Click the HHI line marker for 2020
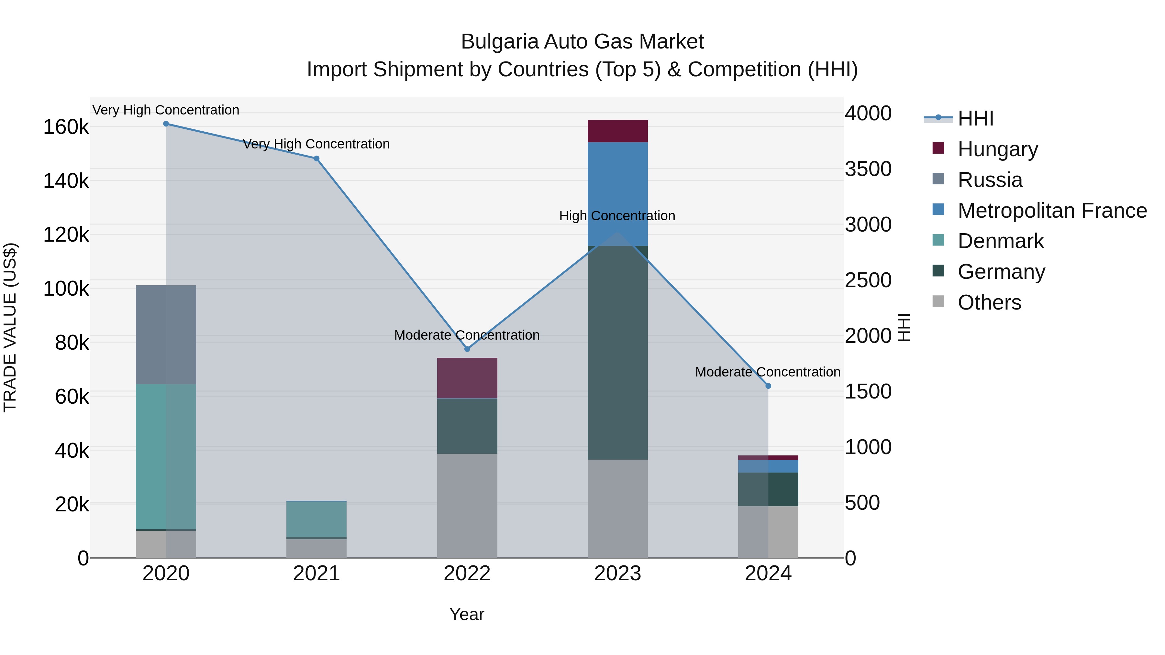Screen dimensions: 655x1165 click(x=166, y=124)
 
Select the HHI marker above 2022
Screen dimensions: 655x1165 click(x=467, y=349)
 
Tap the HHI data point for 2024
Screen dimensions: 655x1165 click(x=768, y=386)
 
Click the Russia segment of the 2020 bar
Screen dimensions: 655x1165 click(x=166, y=334)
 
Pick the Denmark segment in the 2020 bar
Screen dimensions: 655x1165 click(x=166, y=456)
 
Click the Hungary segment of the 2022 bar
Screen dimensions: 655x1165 click(x=467, y=378)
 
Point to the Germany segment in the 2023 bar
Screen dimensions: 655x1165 click(x=617, y=353)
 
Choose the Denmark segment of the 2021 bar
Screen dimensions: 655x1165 click(x=316, y=519)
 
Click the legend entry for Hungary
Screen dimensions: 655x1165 click(x=997, y=149)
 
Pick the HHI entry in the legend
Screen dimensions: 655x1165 click(x=975, y=118)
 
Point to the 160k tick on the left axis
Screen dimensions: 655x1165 click(x=66, y=127)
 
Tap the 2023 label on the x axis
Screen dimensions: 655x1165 click(x=617, y=573)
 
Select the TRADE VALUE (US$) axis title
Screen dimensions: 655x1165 click(x=10, y=327)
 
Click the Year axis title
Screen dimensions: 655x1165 click(x=467, y=614)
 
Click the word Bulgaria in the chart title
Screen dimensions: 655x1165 click(x=499, y=42)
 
